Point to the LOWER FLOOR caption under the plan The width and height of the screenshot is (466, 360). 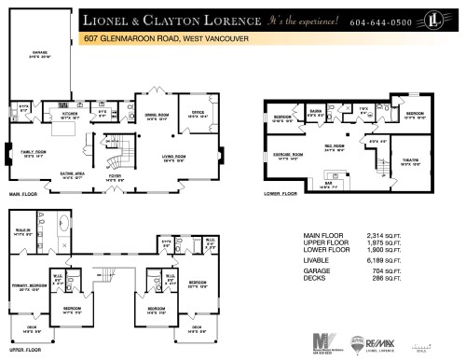point(279,194)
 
